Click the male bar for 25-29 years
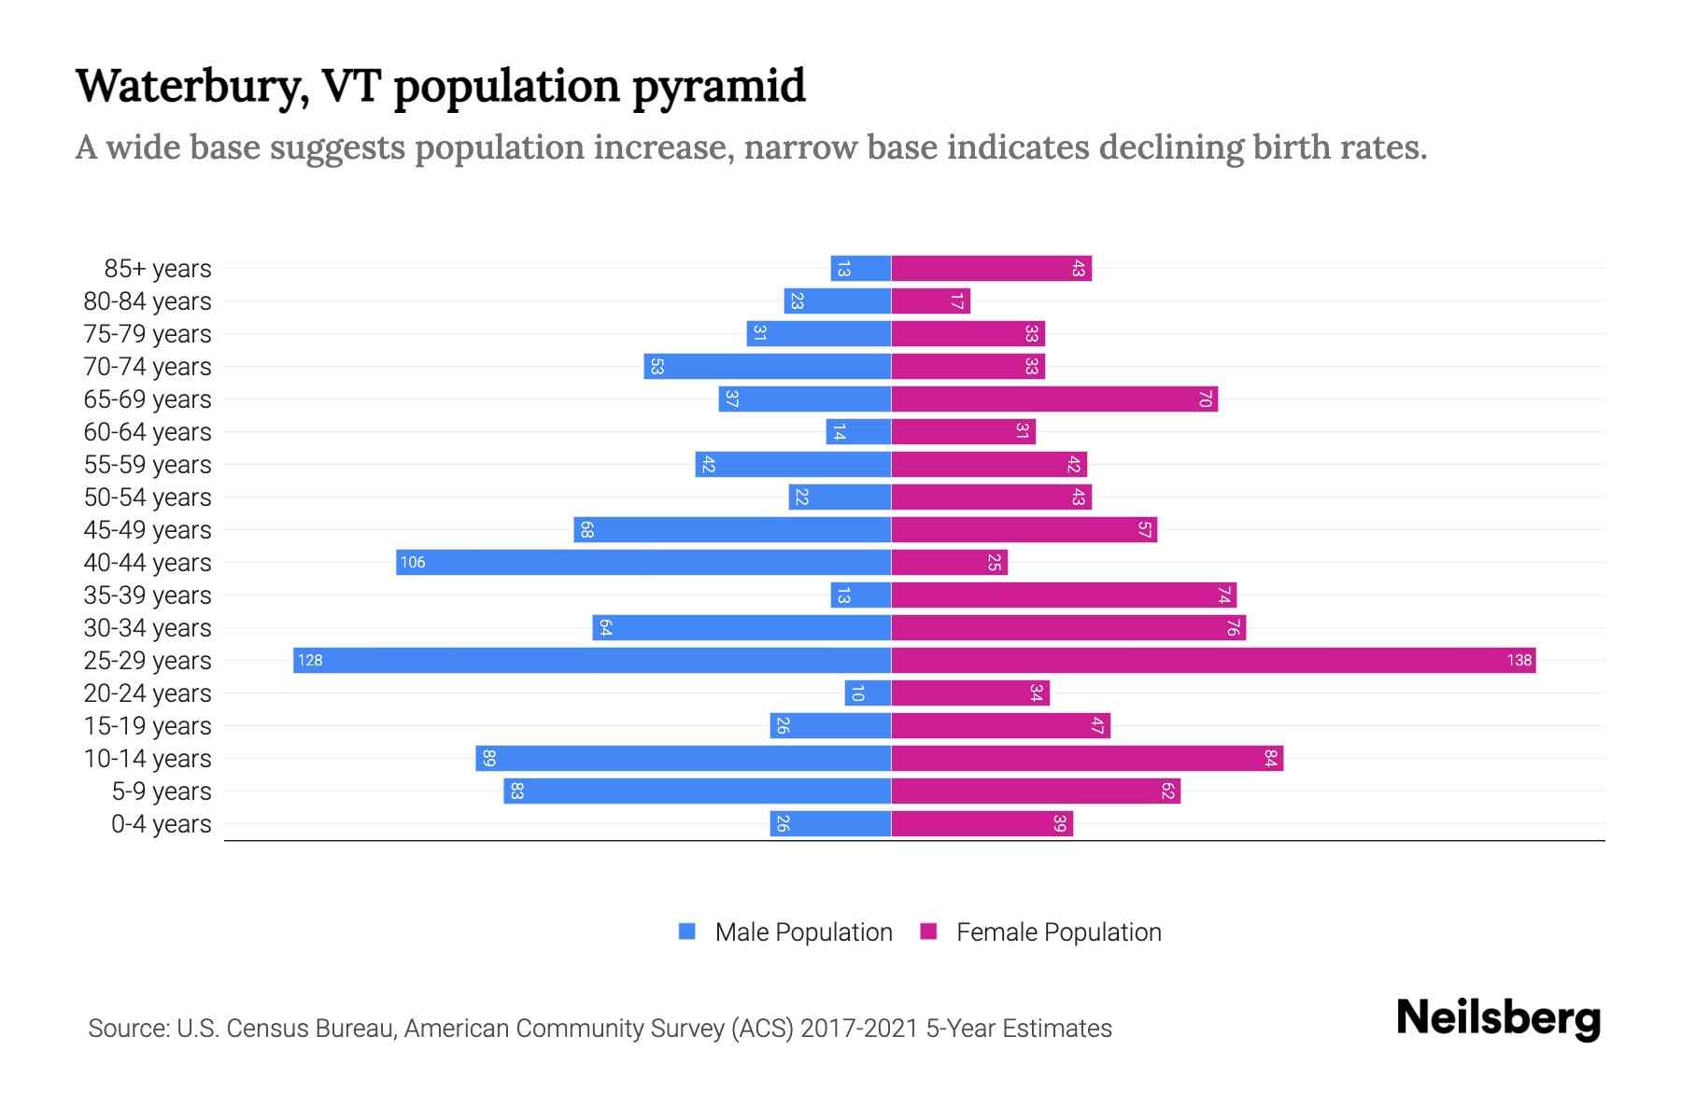pyautogui.click(x=592, y=661)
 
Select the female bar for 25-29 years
pyautogui.click(x=1213, y=661)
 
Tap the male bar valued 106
pyautogui.click(x=643, y=563)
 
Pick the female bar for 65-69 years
pyautogui.click(x=1054, y=399)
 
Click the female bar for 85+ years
pyautogui.click(x=991, y=269)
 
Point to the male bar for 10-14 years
pyautogui.click(x=683, y=759)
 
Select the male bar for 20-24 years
pyautogui.click(x=868, y=693)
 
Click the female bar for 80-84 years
pyautogui.click(x=930, y=301)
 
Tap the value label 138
pyautogui.click(x=1519, y=661)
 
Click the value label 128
pyautogui.click(x=310, y=661)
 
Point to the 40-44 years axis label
pyautogui.click(x=148, y=563)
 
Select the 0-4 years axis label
pyautogui.click(x=161, y=824)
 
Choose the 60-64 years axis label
pyautogui.click(x=148, y=432)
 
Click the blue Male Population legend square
pyautogui.click(x=687, y=931)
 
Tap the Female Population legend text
pyautogui.click(x=1058, y=932)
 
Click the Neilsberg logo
pyautogui.click(x=1498, y=1018)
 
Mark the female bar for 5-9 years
pyautogui.click(x=1036, y=791)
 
